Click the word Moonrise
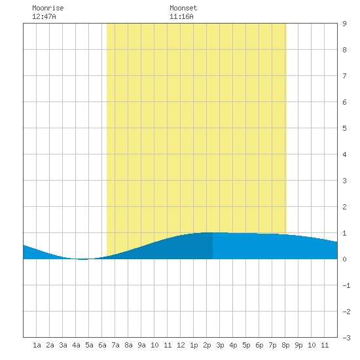coord(48,8)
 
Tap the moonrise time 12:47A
coord(44,16)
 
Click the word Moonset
coord(183,8)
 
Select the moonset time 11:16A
coord(181,16)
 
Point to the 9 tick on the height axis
coord(344,24)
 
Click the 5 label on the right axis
coord(344,128)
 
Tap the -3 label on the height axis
coord(346,338)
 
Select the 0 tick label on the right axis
coord(344,259)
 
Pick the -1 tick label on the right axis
coord(346,285)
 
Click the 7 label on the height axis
coord(344,76)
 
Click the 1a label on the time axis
coord(37,345)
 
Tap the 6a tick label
coord(102,345)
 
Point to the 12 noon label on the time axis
coord(181,345)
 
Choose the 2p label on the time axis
coord(207,345)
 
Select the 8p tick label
coord(285,345)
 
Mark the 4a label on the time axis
coord(76,345)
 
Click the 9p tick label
coord(298,345)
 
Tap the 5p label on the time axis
coord(246,345)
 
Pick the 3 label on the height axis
coord(344,181)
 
